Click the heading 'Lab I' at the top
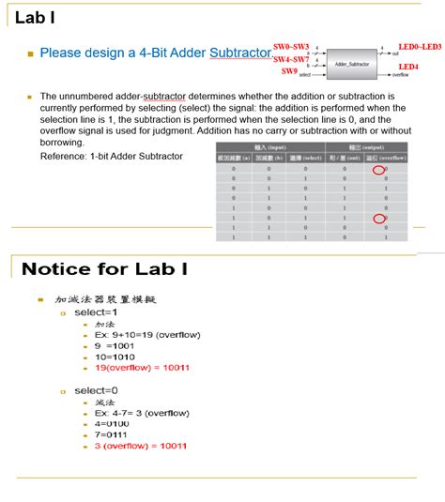coord(34,17)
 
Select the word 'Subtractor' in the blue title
coord(240,53)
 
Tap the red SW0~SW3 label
coord(291,46)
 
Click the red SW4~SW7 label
coord(291,59)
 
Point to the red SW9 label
coord(289,71)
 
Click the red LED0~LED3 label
coord(420,46)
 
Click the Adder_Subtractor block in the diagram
coord(352,64)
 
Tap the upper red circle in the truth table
coord(378,170)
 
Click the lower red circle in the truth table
coord(378,219)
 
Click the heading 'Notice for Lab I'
coord(104,269)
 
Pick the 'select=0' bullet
coord(97,389)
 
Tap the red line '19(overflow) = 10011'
coord(142,367)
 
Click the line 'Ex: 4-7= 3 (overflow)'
coord(142,412)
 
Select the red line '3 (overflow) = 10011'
coord(140,446)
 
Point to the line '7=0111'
coord(112,434)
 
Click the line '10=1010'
coord(115,357)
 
